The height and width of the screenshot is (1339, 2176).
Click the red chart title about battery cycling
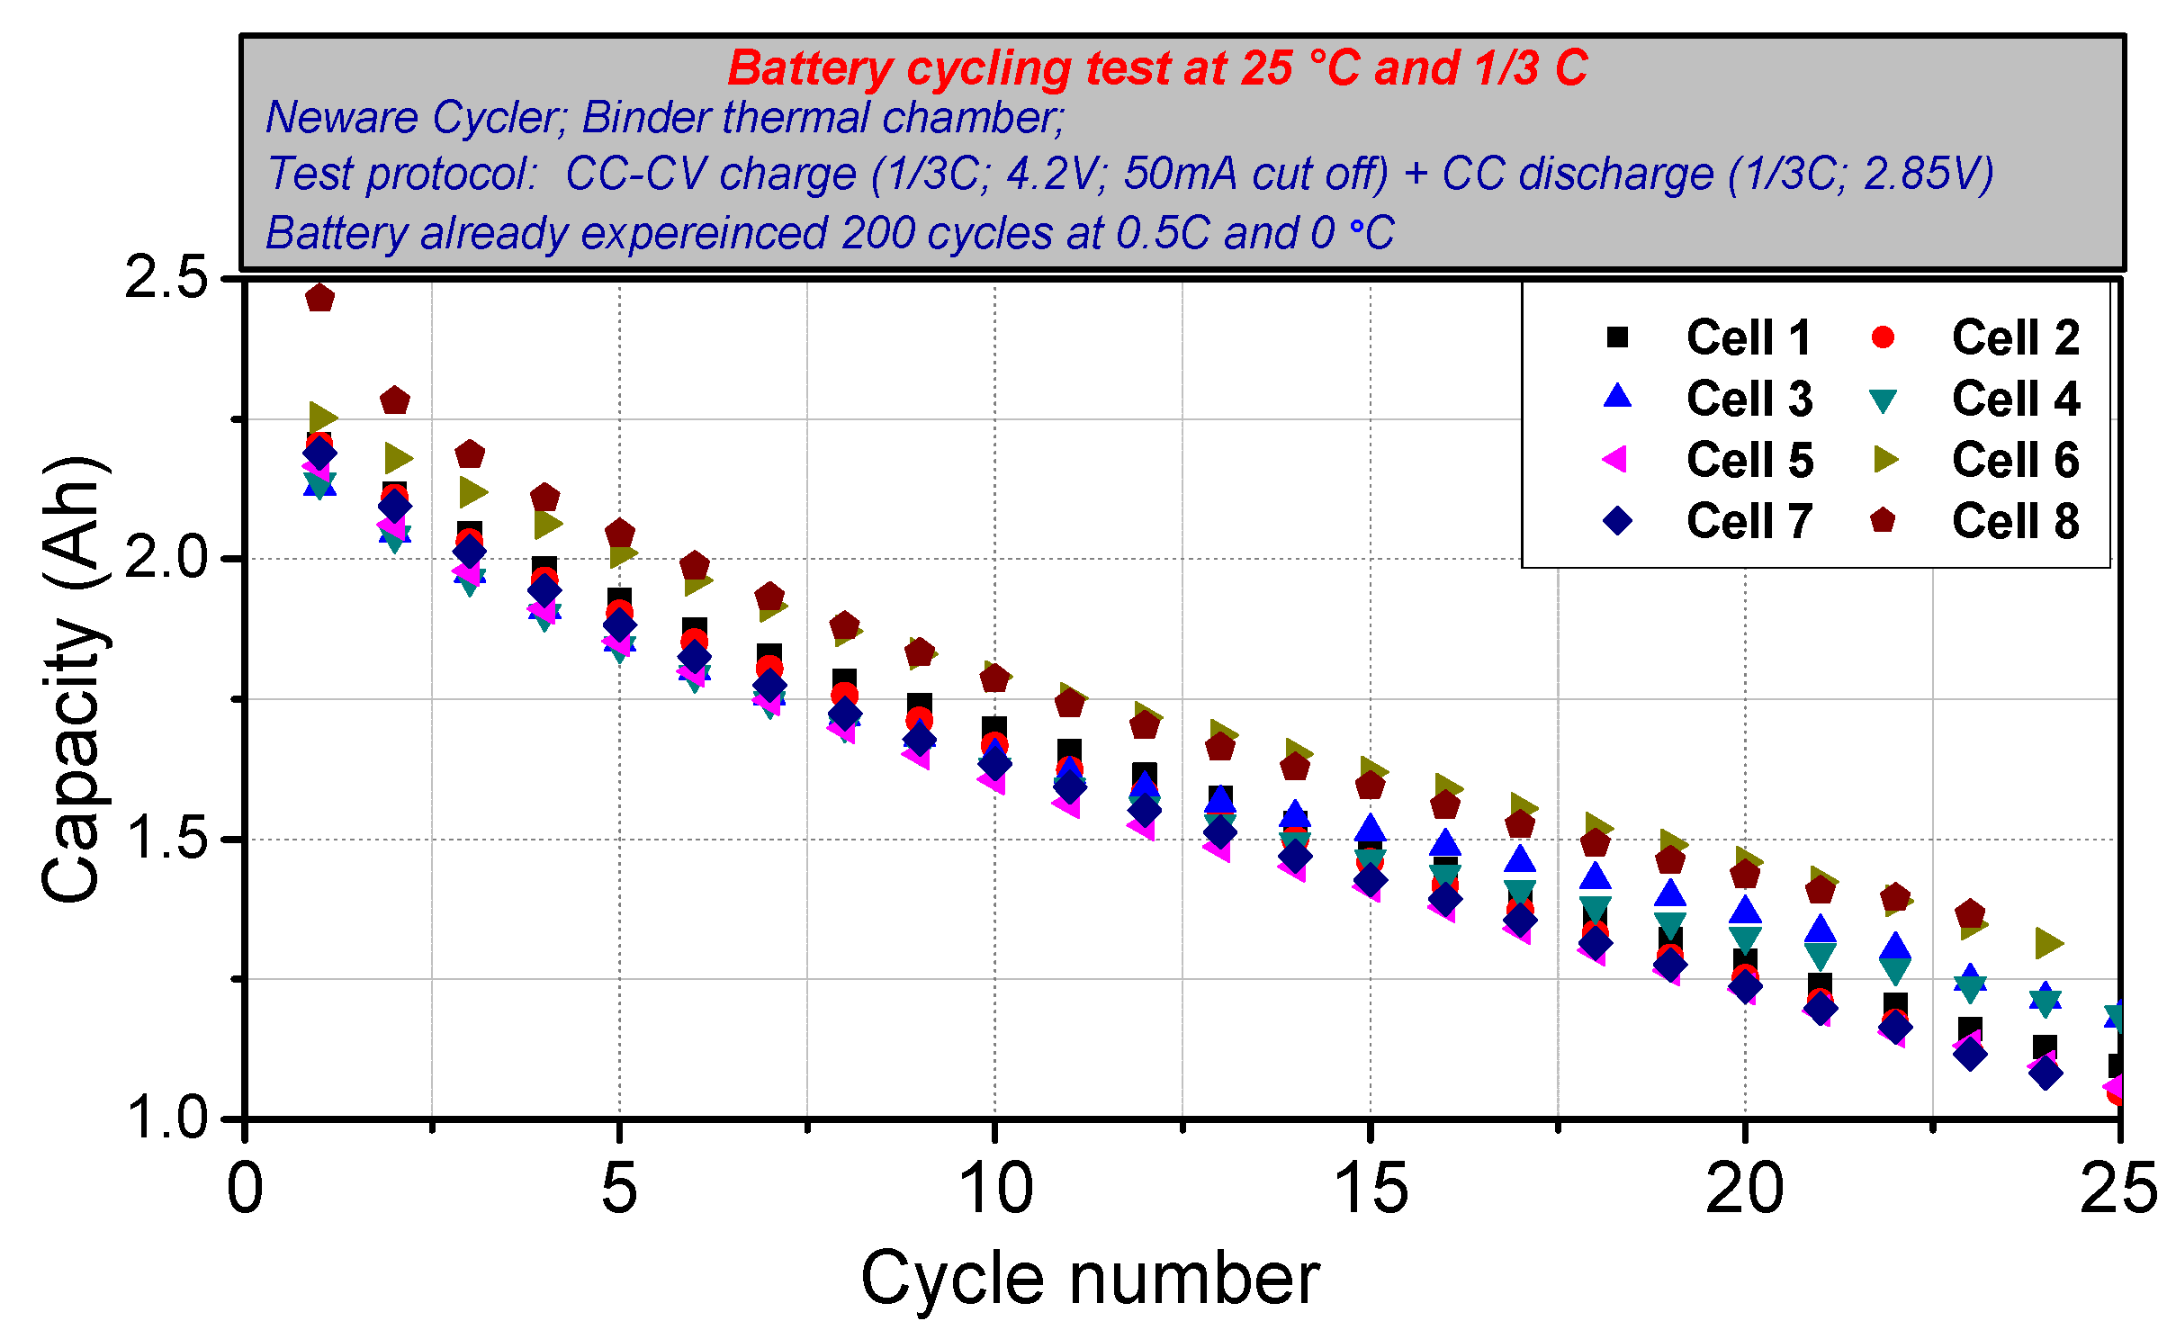[1156, 68]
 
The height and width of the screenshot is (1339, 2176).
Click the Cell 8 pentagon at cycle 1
[319, 298]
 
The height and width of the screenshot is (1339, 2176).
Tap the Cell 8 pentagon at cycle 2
[395, 400]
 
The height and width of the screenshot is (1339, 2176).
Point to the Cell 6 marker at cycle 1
[322, 417]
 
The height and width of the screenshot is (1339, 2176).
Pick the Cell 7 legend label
[1748, 521]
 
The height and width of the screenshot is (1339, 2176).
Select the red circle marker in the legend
[1882, 337]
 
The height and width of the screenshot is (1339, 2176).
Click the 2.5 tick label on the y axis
[166, 277]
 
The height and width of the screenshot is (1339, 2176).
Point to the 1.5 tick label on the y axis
[166, 839]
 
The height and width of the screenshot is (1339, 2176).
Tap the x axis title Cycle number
[1089, 1278]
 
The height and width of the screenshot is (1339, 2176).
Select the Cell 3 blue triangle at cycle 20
[1745, 911]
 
